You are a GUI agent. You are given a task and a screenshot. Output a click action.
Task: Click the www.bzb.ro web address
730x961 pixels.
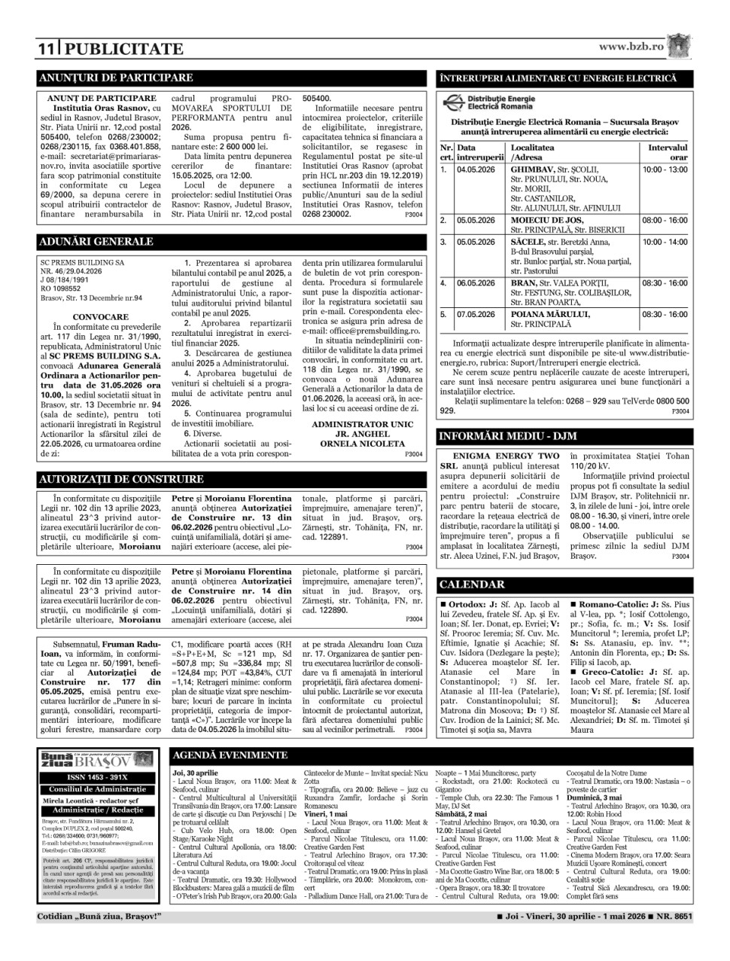tap(631, 47)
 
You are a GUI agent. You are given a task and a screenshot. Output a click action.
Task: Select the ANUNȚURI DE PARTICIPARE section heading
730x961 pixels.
tap(117, 78)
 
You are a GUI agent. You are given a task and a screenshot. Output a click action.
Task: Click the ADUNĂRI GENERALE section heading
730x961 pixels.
tap(96, 242)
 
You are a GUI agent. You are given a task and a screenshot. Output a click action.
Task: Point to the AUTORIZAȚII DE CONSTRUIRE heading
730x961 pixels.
tap(120, 479)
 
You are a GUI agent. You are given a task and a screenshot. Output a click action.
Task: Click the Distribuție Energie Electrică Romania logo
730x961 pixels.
tap(490, 102)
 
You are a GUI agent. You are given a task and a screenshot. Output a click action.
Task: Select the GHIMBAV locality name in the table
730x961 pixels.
tap(533, 169)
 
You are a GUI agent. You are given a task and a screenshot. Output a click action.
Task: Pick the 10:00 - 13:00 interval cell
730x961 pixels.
tap(665, 169)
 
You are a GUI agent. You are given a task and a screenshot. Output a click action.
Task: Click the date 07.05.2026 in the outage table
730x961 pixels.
tap(476, 314)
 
